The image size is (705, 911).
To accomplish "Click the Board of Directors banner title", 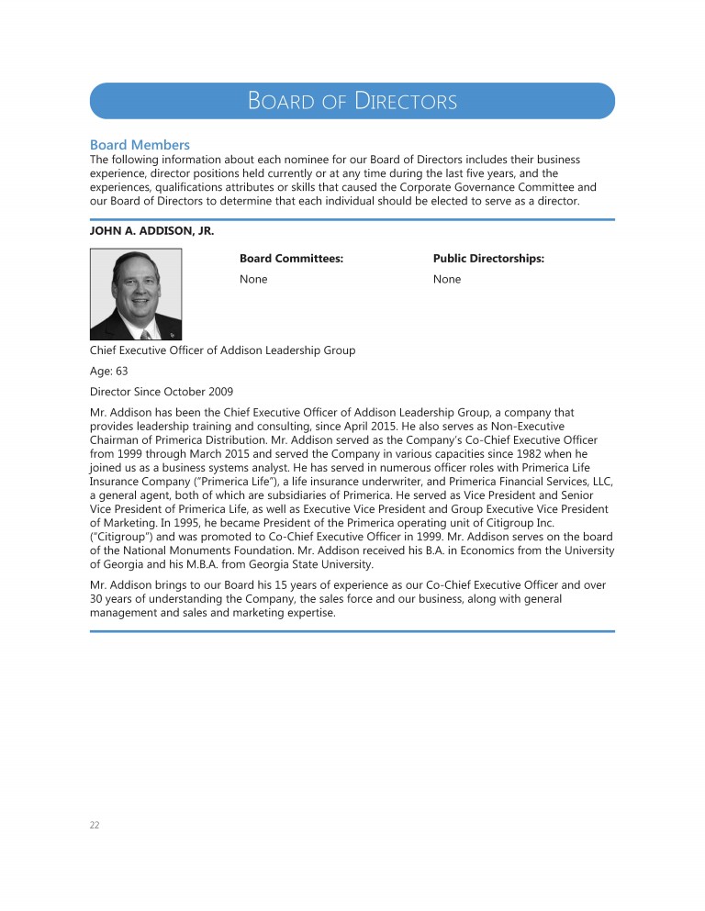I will coord(352,101).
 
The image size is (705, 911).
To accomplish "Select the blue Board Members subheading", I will coord(140,145).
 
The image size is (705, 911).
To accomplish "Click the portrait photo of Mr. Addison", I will coord(136,294).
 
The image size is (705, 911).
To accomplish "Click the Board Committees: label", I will coord(291,260).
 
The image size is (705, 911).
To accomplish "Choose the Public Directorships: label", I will coord(488,260).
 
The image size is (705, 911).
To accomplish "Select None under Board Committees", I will coord(253,279).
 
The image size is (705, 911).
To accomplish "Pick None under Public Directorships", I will coord(447,279).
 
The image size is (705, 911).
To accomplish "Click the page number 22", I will coord(95,825).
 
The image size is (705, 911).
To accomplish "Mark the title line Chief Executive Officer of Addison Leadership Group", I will coord(222,351).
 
